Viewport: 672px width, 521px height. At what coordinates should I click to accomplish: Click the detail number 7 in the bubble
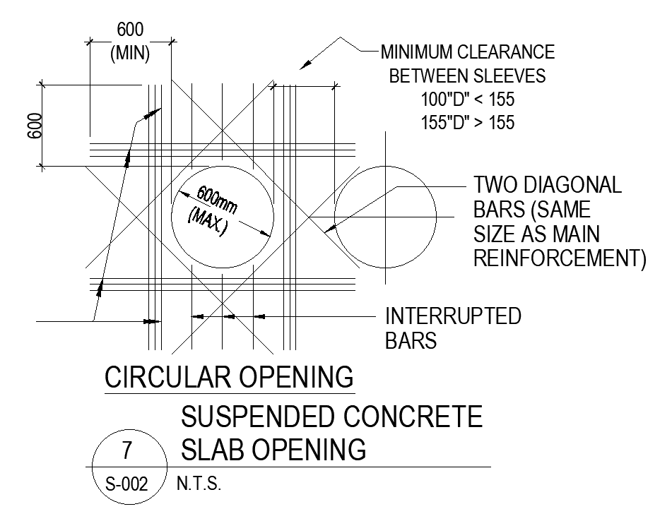[x=127, y=450]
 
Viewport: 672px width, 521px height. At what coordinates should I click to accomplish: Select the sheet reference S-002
[x=127, y=485]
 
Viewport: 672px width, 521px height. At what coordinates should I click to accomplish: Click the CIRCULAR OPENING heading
[x=229, y=378]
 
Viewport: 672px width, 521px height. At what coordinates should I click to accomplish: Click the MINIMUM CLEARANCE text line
[x=468, y=52]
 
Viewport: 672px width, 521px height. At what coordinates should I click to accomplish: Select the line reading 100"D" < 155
[x=468, y=99]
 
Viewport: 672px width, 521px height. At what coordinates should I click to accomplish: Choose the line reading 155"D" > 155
[x=468, y=122]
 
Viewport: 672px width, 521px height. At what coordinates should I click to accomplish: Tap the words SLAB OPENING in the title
[x=274, y=449]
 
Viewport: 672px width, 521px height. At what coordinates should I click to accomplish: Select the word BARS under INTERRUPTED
[x=411, y=340]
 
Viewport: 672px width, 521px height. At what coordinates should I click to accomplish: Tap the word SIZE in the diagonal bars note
[x=495, y=234]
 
